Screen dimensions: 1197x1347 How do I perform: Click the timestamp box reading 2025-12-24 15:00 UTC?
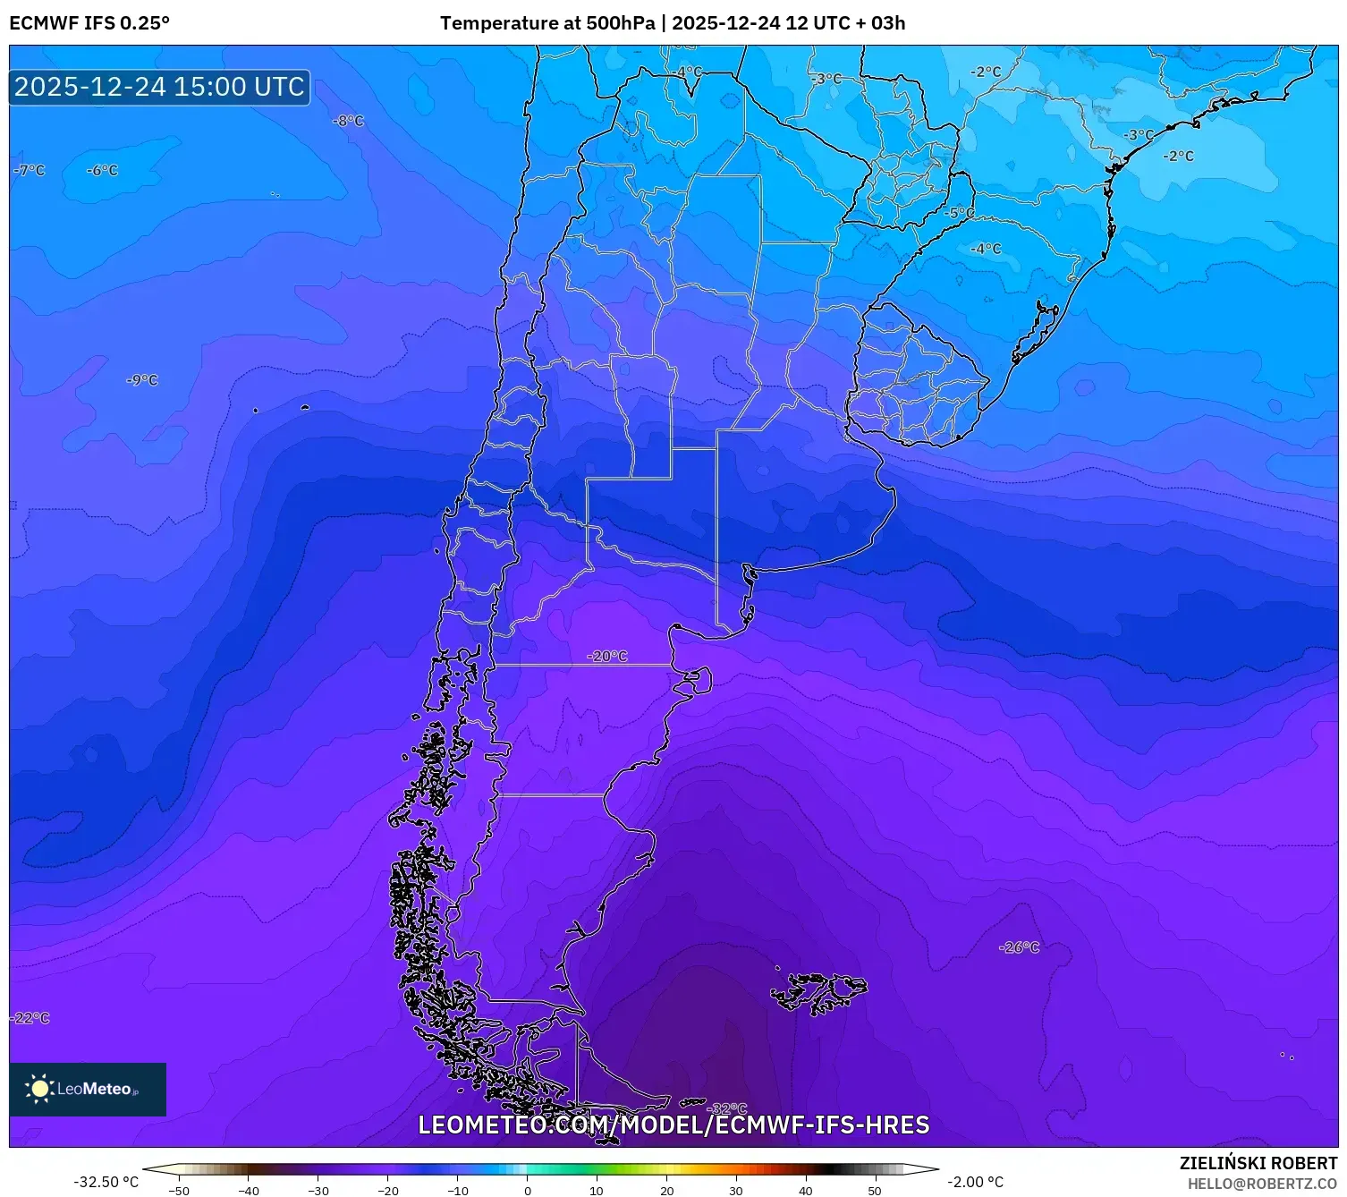159,87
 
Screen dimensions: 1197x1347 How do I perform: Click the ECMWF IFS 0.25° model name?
89,23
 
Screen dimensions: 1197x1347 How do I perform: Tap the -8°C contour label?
348,121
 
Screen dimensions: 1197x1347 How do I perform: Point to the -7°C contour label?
30,170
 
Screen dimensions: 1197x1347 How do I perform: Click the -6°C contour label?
102,170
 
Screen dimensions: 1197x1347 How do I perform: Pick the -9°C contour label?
142,380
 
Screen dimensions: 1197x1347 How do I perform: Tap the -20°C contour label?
607,657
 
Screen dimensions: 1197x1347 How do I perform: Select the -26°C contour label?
1020,947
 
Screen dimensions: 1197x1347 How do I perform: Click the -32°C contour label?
728,1109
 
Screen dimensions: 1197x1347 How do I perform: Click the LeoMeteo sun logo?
40,1089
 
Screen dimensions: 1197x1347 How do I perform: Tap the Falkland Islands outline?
818,992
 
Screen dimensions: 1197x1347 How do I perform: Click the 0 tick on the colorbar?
527,1190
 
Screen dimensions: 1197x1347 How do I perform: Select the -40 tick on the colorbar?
249,1190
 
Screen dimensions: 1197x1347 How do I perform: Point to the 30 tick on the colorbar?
736,1190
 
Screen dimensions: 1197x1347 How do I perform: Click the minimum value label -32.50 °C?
106,1182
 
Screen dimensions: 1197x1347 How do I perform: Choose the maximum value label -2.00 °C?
975,1182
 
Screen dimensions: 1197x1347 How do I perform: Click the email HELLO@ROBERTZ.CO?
1262,1184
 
